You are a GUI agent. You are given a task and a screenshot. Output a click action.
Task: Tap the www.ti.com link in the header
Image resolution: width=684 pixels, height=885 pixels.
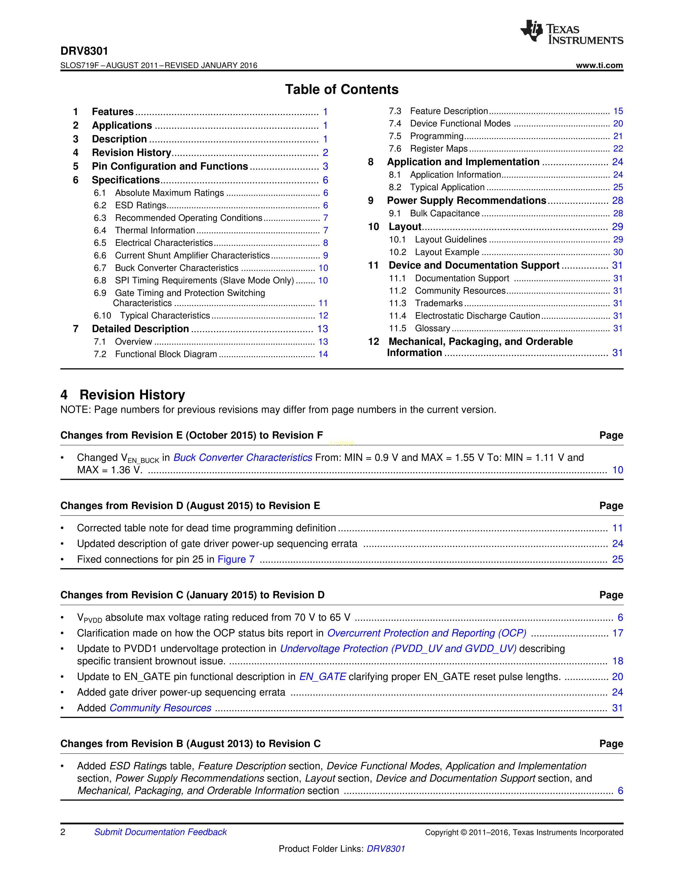coord(599,65)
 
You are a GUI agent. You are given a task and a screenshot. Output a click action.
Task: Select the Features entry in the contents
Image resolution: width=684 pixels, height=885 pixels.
coord(113,112)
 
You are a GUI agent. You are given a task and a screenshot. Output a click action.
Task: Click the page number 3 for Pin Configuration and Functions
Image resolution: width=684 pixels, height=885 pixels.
coord(325,167)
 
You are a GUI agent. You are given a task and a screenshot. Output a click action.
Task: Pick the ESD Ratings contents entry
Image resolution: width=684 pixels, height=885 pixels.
coord(141,205)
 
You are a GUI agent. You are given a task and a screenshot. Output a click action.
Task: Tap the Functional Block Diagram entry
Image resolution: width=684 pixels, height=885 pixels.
coord(166,354)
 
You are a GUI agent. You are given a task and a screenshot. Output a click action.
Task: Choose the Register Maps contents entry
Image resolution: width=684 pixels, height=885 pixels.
coord(439,149)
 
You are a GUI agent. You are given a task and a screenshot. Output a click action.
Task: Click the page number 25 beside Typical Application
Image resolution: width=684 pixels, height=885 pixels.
coord(617,187)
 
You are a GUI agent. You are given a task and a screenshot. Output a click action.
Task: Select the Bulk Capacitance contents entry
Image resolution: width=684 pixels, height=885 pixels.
coord(444,213)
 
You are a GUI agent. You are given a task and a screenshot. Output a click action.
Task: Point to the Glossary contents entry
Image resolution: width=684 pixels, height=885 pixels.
coord(432,328)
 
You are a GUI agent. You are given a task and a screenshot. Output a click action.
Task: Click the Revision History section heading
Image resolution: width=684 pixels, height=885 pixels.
coord(132,395)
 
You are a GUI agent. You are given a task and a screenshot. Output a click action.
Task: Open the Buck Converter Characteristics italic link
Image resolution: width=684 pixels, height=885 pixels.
coord(243,458)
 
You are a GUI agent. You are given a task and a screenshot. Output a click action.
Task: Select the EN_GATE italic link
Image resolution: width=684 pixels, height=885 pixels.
coord(322,677)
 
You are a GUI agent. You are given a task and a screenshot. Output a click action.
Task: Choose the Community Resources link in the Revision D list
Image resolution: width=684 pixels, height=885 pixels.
coord(160,708)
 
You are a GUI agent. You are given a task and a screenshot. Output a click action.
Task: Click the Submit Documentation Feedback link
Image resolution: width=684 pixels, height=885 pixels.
coord(160,832)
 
